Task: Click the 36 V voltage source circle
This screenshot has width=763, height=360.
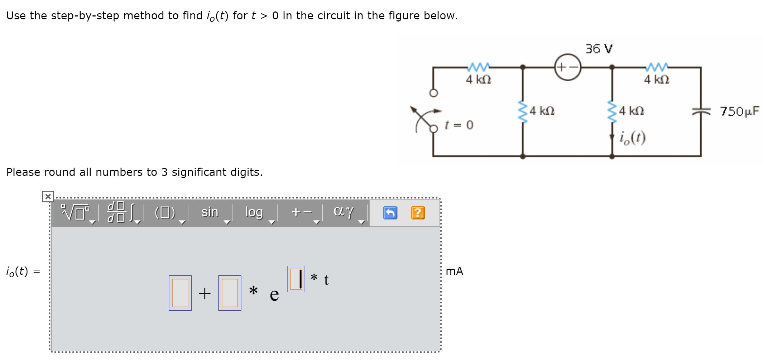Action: (567, 67)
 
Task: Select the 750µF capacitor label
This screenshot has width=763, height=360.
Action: (740, 111)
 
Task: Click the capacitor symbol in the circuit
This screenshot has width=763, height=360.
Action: (701, 112)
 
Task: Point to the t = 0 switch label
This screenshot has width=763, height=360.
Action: (459, 125)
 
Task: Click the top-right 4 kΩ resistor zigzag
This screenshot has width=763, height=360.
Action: (657, 67)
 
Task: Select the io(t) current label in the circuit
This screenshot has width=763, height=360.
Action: (633, 137)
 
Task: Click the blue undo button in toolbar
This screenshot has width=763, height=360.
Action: (390, 213)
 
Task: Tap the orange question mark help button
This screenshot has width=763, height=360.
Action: (418, 213)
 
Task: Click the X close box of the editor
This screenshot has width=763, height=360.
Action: (48, 196)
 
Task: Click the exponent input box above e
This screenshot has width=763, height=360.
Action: (296, 279)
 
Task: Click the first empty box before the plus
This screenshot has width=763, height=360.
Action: (180, 293)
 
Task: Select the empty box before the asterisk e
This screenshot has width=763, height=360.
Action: (230, 293)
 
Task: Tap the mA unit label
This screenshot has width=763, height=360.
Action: (454, 271)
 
